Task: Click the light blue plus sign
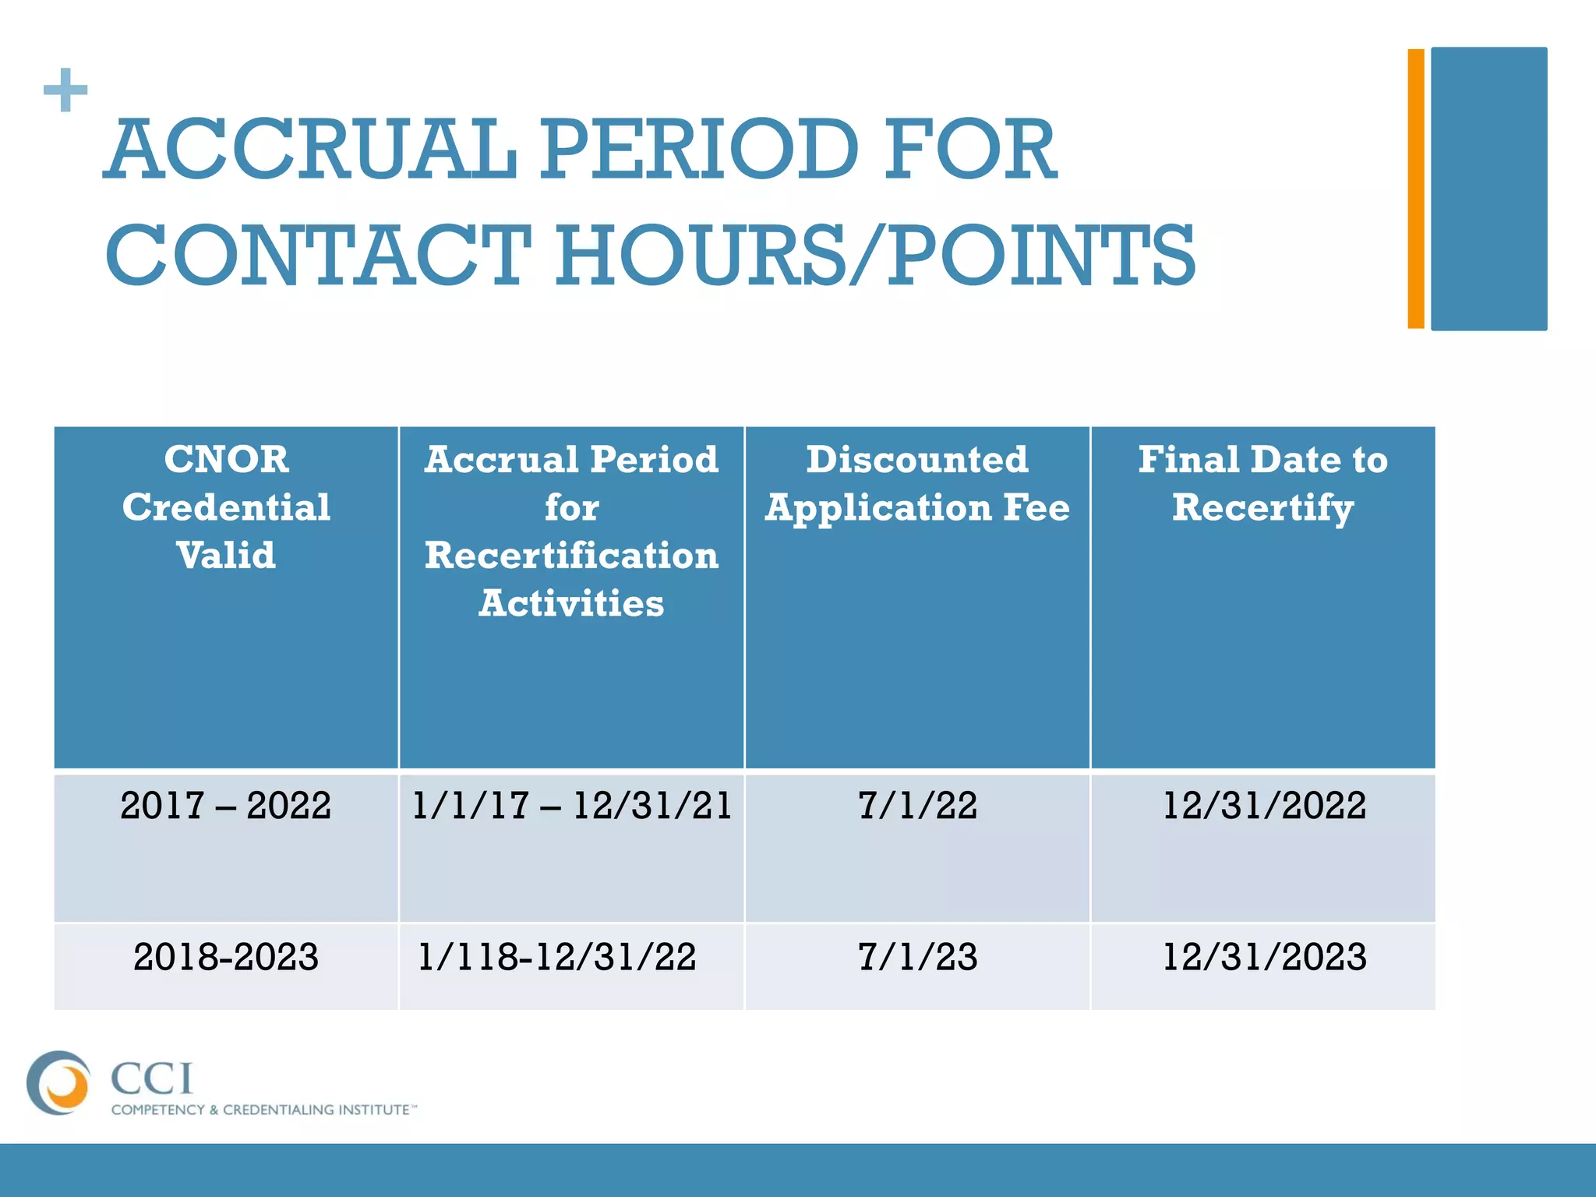[65, 90]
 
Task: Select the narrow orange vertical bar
[1415, 189]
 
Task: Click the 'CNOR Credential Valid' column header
[226, 507]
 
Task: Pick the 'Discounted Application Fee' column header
[917, 483]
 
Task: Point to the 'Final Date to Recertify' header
[1262, 483]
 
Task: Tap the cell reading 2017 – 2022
[226, 806]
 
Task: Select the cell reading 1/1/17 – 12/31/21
[571, 806]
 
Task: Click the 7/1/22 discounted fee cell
[917, 806]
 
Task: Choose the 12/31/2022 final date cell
[1263, 806]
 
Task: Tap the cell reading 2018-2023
[226, 957]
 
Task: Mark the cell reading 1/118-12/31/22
[557, 957]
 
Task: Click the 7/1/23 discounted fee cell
[917, 957]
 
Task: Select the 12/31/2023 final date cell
[1263, 957]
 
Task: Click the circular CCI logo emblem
[58, 1082]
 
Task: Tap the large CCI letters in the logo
[152, 1079]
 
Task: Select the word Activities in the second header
[571, 603]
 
